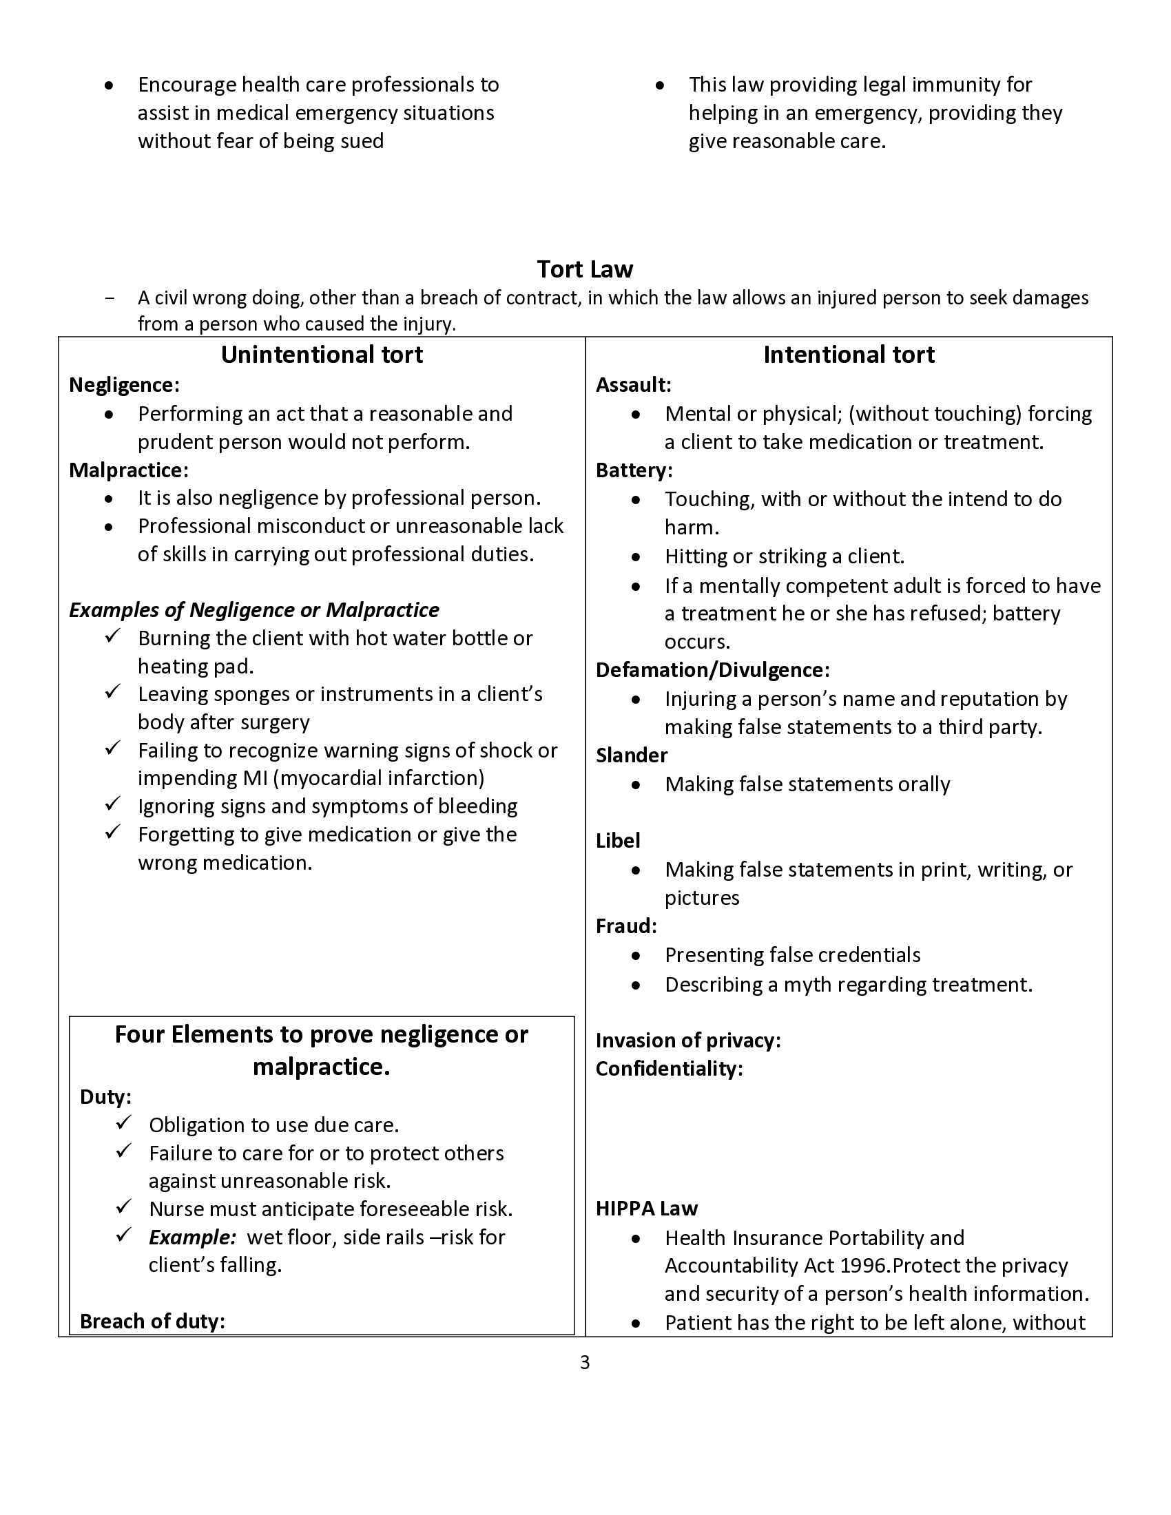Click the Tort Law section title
pyautogui.click(x=585, y=269)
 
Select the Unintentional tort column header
pyautogui.click(x=322, y=355)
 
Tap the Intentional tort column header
pyautogui.click(x=849, y=355)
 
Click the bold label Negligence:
pyautogui.click(x=124, y=385)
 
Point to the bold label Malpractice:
pyautogui.click(x=128, y=470)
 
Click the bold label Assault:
pyautogui.click(x=633, y=385)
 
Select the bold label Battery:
pyautogui.click(x=634, y=470)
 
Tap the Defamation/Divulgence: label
pyautogui.click(x=712, y=669)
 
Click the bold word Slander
pyautogui.click(x=631, y=755)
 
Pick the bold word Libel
pyautogui.click(x=617, y=840)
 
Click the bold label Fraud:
pyautogui.click(x=626, y=926)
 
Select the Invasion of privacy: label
pyautogui.click(x=688, y=1040)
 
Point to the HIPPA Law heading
pyautogui.click(x=647, y=1209)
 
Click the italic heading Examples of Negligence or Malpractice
pyautogui.click(x=254, y=609)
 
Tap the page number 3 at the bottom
pyautogui.click(x=585, y=1363)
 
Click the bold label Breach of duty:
pyautogui.click(x=153, y=1321)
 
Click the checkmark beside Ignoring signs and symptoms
pyautogui.click(x=113, y=804)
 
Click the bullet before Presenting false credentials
pyautogui.click(x=636, y=955)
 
